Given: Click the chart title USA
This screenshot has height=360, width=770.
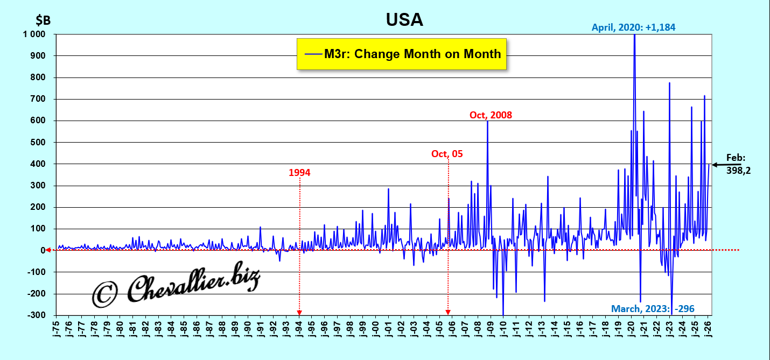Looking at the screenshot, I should pos(404,20).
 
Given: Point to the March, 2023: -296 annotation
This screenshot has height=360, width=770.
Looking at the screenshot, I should pos(653,309).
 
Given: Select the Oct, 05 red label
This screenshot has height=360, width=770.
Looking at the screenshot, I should pos(447,154).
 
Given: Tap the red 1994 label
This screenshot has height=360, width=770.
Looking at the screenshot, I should pos(299,173).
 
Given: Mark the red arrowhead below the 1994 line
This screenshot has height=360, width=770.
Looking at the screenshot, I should pos(299,313).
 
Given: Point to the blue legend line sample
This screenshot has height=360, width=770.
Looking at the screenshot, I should pos(312,54).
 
